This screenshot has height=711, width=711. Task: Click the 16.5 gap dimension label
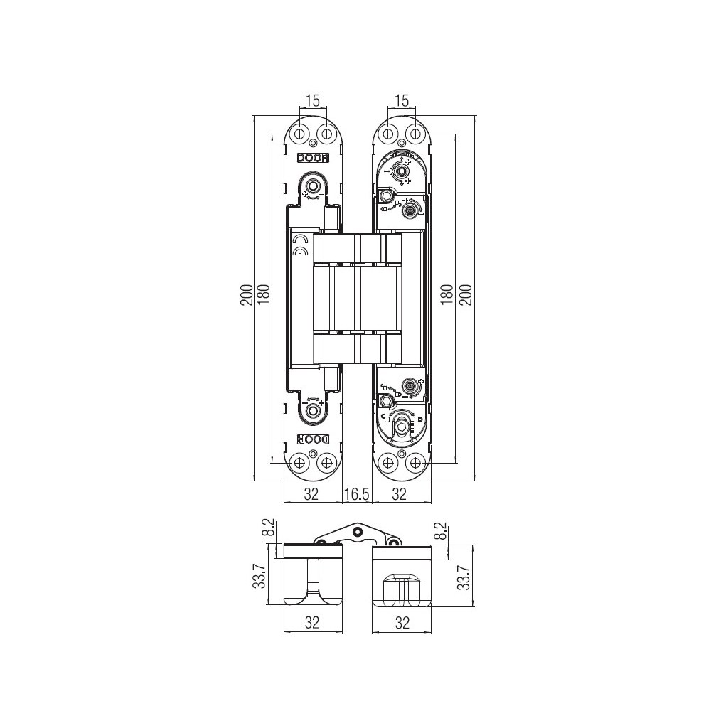pos(356,494)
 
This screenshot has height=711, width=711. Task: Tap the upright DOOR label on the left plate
pos(313,159)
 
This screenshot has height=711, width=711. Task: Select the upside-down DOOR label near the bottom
pos(313,439)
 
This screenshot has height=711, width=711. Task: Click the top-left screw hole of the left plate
pos(299,134)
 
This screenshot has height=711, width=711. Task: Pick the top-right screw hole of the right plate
pos(414,134)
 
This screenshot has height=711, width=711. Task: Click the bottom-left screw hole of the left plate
pos(299,463)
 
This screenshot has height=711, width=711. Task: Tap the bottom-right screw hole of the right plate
pos(414,463)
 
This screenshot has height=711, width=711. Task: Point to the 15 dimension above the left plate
pos(313,100)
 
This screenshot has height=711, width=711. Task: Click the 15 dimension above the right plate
pos(401,100)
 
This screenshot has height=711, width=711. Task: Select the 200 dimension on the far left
pos(246,295)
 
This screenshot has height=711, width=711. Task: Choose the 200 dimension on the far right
pos(466,295)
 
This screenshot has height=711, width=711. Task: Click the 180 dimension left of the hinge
pos(264,295)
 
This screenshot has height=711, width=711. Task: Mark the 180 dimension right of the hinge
pos(447,295)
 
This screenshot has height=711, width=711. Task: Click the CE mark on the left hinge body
pos(300,246)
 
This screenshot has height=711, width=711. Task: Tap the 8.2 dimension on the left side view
pos(269,528)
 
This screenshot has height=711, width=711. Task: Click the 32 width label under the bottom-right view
pos(402,623)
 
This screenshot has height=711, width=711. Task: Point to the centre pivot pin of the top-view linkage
pos(358,531)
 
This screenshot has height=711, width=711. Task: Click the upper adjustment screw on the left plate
pos(312,186)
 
